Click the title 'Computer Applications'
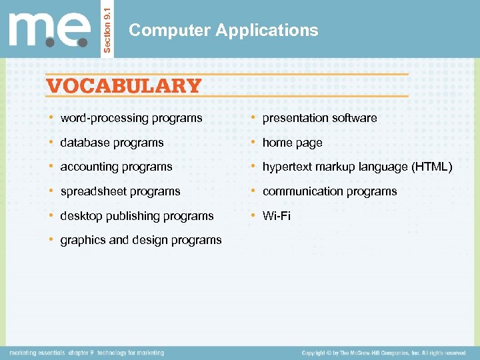tap(223, 30)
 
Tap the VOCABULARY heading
tap(124, 86)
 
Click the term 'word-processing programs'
tap(131, 118)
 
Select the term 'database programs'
tap(112, 143)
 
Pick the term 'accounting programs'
tap(116, 167)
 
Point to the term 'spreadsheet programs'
tap(120, 191)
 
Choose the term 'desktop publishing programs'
tap(137, 216)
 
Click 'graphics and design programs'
tap(141, 240)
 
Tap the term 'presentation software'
tap(319, 118)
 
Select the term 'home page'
tap(292, 143)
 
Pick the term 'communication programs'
tap(329, 191)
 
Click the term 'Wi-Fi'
tap(277, 216)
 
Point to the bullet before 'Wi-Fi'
tap(253, 215)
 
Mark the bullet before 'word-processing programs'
tap(51, 117)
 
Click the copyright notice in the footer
tap(383, 353)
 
